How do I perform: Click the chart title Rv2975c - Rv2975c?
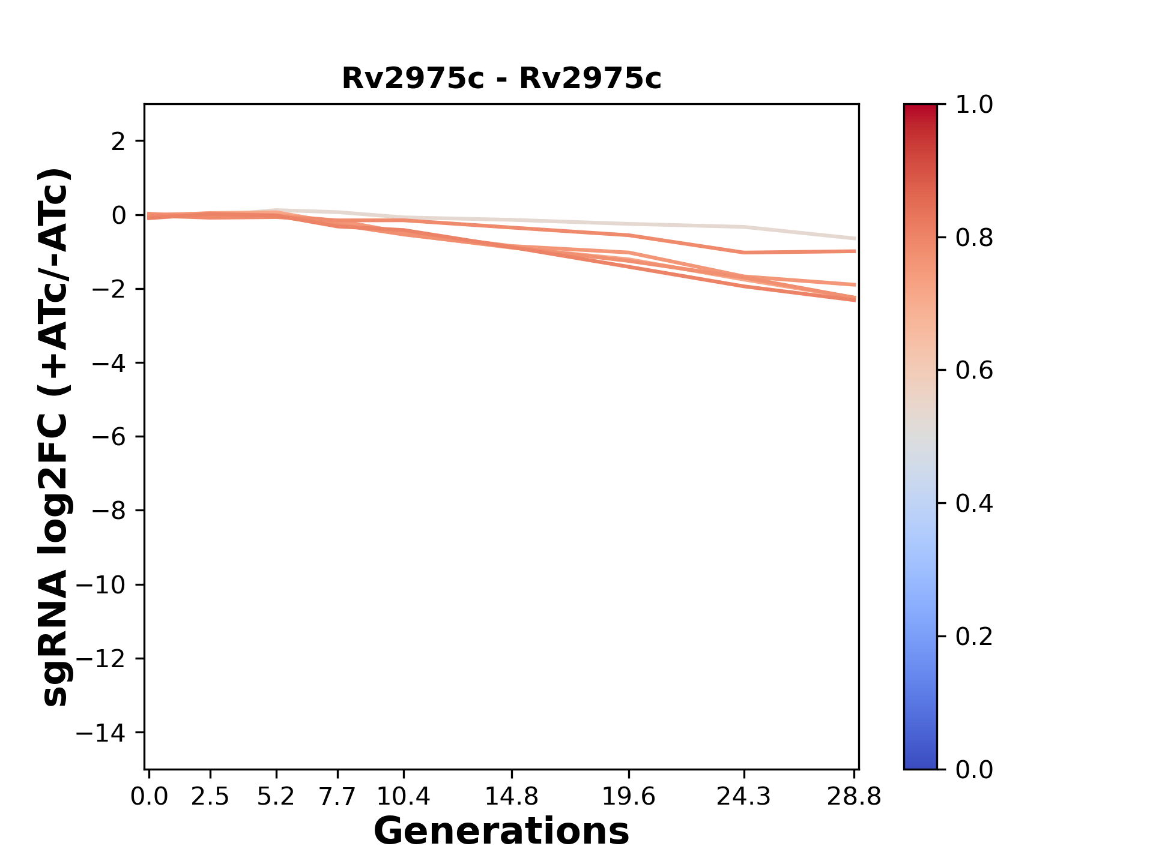pyautogui.click(x=501, y=79)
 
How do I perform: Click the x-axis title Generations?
pyautogui.click(x=501, y=831)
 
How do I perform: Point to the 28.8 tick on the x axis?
pyautogui.click(x=854, y=797)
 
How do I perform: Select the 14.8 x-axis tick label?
pyautogui.click(x=511, y=797)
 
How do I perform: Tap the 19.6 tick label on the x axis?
pyautogui.click(x=628, y=797)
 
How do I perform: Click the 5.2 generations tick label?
pyautogui.click(x=276, y=797)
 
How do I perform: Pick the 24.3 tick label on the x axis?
pyautogui.click(x=744, y=797)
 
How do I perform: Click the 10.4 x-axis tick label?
pyautogui.click(x=403, y=797)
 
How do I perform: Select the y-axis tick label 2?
pyautogui.click(x=118, y=142)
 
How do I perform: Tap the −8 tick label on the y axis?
pyautogui.click(x=109, y=511)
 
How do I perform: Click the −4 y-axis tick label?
pyautogui.click(x=109, y=363)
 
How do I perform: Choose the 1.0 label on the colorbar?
pyautogui.click(x=974, y=105)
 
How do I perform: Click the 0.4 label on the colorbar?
pyautogui.click(x=974, y=503)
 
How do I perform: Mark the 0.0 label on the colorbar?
pyautogui.click(x=974, y=769)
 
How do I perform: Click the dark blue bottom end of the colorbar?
pyautogui.click(x=920, y=763)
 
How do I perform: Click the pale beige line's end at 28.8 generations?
pyautogui.click(x=854, y=238)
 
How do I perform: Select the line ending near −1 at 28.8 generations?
pyautogui.click(x=854, y=251)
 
